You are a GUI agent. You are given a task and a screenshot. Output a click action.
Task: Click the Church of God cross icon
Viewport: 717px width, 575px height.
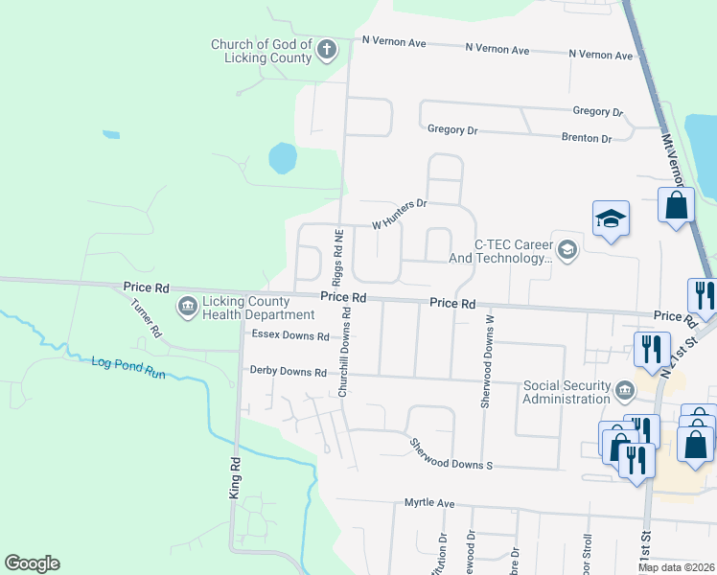(327, 49)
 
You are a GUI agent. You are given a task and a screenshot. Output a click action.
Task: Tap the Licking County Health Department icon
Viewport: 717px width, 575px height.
(186, 307)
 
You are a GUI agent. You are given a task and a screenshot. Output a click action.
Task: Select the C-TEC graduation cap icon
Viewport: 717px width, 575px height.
(567, 250)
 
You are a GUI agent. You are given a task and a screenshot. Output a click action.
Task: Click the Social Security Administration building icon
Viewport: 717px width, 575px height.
(624, 391)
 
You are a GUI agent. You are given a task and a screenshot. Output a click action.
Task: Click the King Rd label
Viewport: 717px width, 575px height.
(234, 476)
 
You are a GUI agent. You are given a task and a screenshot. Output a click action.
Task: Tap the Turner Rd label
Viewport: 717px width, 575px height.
(147, 317)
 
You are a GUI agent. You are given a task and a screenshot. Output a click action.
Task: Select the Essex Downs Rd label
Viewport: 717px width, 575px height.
(289, 336)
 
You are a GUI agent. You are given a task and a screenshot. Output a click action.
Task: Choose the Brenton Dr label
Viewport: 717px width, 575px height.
(586, 138)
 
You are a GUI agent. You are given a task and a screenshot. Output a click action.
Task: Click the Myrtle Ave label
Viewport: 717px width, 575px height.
(428, 502)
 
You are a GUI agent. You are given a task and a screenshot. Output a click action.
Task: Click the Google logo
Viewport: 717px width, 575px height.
(32, 563)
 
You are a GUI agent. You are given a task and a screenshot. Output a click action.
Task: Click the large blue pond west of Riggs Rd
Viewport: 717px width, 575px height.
(283, 158)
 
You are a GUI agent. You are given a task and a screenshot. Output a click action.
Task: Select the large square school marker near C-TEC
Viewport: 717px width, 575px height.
(611, 220)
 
